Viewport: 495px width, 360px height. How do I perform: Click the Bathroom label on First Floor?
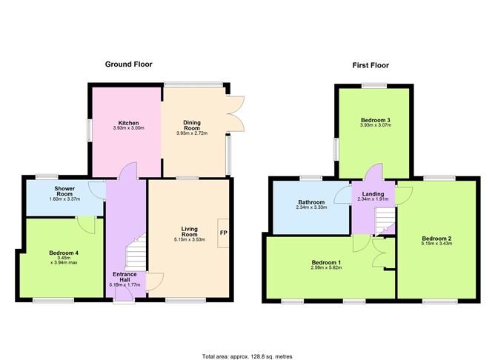pyautogui.click(x=311, y=201)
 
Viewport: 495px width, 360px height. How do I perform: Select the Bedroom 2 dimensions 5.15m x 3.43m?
pyautogui.click(x=436, y=244)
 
